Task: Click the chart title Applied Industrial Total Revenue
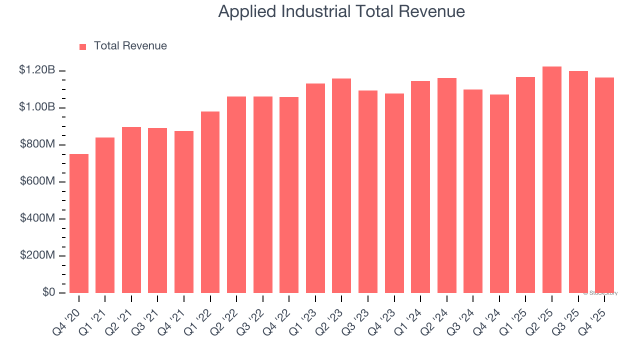[341, 11]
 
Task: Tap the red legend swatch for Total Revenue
[83, 46]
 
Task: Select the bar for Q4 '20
[79, 223]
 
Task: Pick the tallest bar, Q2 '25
[552, 180]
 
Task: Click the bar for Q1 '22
[210, 202]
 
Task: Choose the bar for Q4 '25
[604, 185]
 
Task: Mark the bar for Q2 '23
[341, 185]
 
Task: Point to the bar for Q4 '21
[184, 212]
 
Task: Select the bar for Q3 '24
[473, 191]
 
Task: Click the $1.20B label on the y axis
[37, 70]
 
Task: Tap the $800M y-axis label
[37, 144]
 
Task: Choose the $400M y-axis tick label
[37, 218]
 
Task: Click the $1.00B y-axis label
[37, 107]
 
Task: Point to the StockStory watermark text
[600, 293]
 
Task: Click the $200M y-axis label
[37, 255]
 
